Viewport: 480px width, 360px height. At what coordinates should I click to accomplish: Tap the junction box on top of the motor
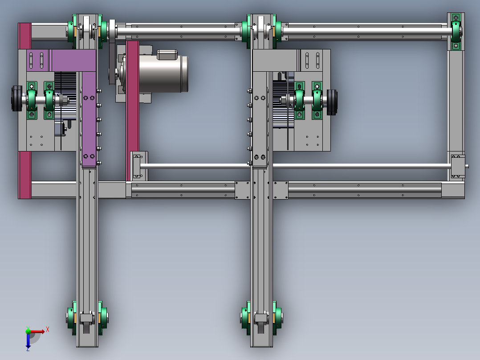(x=167, y=54)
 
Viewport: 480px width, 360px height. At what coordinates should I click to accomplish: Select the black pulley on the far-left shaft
(x=16, y=98)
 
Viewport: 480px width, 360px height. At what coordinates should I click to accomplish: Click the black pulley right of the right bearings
(x=332, y=102)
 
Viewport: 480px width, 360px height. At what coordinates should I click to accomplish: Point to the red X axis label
(x=48, y=330)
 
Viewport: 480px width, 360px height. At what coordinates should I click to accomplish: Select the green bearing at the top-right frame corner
(x=456, y=31)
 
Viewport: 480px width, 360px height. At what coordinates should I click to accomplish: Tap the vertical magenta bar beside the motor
(x=132, y=111)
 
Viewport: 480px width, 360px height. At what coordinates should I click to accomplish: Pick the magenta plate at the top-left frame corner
(x=24, y=36)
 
